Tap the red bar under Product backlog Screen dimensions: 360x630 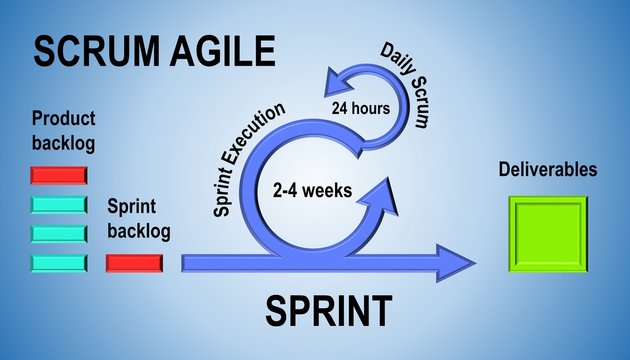[x=59, y=176]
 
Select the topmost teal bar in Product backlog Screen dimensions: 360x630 [x=59, y=205]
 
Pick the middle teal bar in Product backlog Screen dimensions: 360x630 [x=59, y=234]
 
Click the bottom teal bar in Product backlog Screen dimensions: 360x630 [x=59, y=263]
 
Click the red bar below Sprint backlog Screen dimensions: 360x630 [x=134, y=263]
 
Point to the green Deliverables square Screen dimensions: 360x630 [x=548, y=234]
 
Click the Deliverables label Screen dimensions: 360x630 [x=548, y=170]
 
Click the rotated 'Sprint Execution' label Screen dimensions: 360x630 [x=250, y=160]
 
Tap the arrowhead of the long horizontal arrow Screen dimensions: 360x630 [x=460, y=263]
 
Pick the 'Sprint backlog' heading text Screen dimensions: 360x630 [x=138, y=219]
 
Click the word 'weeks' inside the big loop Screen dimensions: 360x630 [x=330, y=189]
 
